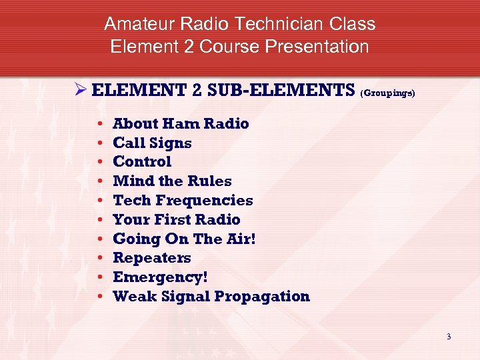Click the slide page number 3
pos(449,337)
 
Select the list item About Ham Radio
pos(181,124)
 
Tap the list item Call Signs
pos(152,143)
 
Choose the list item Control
pos(142,162)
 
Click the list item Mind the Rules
pos(172,181)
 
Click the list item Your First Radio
pos(177,220)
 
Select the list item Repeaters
pos(152,258)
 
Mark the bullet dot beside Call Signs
pos(99,143)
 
